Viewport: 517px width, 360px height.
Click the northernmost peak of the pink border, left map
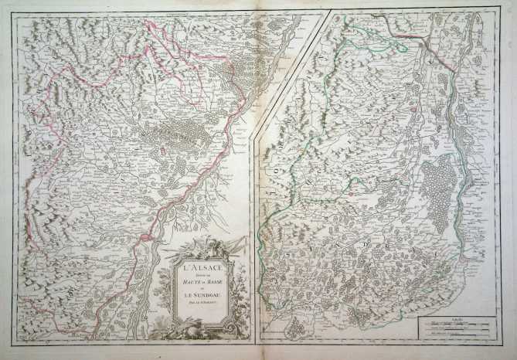point(147,23)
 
